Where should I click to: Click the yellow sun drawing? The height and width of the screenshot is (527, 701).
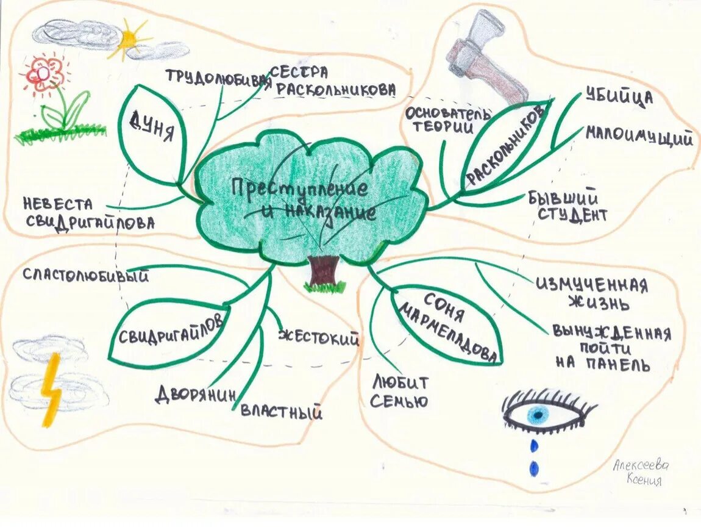tap(129, 39)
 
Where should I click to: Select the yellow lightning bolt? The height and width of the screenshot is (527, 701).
tap(52, 389)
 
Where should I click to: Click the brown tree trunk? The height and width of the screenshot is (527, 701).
tap(324, 271)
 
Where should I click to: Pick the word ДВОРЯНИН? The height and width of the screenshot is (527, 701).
tap(195, 394)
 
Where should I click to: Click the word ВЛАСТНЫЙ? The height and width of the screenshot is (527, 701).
tap(281, 412)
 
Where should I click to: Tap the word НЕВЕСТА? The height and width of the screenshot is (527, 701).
tap(58, 204)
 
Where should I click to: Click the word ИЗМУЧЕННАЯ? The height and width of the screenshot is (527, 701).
tap(592, 285)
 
